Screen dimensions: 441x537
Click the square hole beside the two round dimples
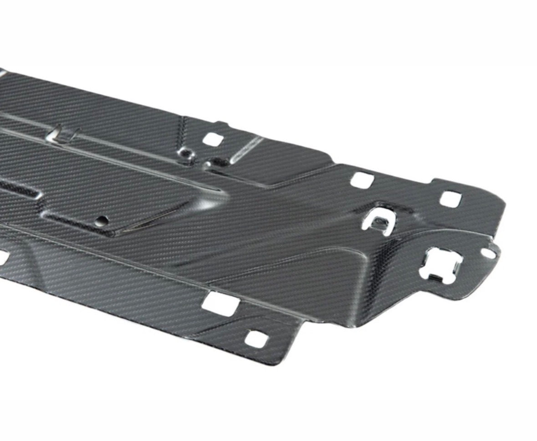[x=212, y=139]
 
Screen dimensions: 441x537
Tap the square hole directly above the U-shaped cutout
[x=362, y=180]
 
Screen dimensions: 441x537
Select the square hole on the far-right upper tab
[x=450, y=199]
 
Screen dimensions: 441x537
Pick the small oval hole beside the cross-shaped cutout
[x=488, y=253]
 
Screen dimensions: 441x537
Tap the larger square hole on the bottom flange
[x=220, y=303]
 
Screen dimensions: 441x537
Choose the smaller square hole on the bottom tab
[x=255, y=339]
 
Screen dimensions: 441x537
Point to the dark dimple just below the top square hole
[x=214, y=162]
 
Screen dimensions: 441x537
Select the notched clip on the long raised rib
[x=64, y=133]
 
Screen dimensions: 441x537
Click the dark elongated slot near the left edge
[x=18, y=190]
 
